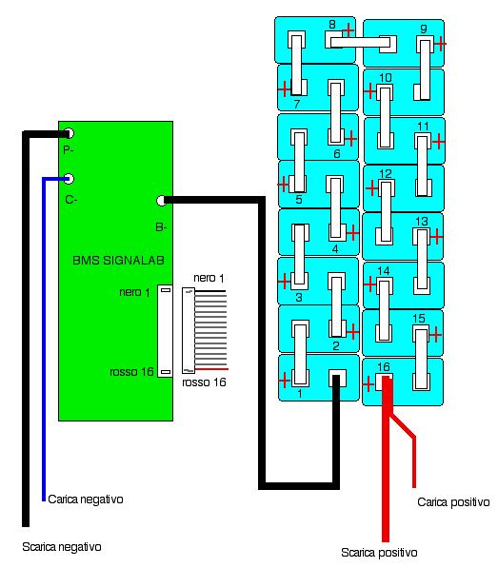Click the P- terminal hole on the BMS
pos(69,133)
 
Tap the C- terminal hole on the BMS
pos(69,179)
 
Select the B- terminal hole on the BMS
pos(161,201)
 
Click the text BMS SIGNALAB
pos(118,260)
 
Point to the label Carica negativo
pos(86,499)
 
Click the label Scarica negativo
pos(62,547)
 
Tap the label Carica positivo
pos(453,502)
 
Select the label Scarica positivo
pos(379,553)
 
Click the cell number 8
pos(332,25)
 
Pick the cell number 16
pos(384,367)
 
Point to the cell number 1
pos(300,393)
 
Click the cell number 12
pos(386,173)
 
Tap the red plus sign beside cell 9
pos(440,44)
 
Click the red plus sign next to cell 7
pos(285,88)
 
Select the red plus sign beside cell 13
pos(437,236)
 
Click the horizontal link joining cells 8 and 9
pos(360,43)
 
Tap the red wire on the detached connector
pos(211,369)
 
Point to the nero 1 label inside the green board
pos(134,292)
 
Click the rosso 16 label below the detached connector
pos(204,382)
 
